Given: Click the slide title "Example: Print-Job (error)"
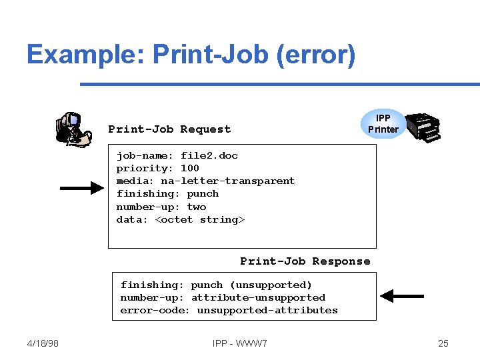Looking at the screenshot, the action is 191,54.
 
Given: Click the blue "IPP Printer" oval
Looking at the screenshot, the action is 383,123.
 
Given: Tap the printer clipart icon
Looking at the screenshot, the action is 423,126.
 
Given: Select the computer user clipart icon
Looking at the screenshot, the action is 74,129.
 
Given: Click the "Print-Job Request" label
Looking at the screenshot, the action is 169,129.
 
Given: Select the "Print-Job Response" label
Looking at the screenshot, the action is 305,261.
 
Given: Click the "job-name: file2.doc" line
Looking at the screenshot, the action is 177,155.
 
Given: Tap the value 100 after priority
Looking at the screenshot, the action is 190,168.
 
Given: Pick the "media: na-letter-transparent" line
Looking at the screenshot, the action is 205,181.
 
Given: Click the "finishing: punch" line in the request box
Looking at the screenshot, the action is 167,193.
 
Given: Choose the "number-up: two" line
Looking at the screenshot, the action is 161,207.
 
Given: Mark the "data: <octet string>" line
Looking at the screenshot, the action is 181,219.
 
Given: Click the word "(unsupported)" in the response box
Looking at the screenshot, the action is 271,285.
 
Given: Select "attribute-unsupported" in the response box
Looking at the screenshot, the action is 258,297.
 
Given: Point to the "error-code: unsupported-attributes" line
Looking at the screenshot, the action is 229,310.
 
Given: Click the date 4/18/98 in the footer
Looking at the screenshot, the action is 43,343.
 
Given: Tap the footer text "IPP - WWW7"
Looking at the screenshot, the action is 240,343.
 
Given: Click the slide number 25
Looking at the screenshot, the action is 443,343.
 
